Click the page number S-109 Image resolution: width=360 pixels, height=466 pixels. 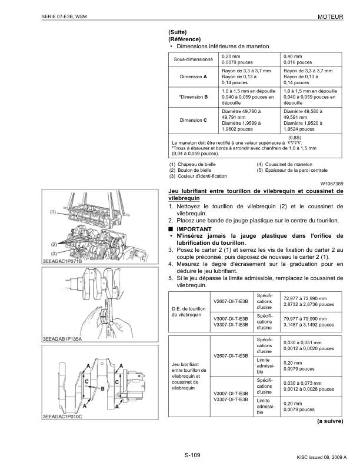tap(192, 454)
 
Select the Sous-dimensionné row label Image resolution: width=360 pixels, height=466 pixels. tap(194, 59)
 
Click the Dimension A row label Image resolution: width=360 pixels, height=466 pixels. tap(194, 76)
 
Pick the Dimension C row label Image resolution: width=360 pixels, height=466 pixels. tap(194, 119)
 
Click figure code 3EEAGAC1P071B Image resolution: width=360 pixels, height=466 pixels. tap(63, 260)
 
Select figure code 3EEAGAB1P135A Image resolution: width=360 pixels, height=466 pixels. tap(63, 339)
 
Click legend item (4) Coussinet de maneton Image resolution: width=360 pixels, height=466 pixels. tap(285, 164)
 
